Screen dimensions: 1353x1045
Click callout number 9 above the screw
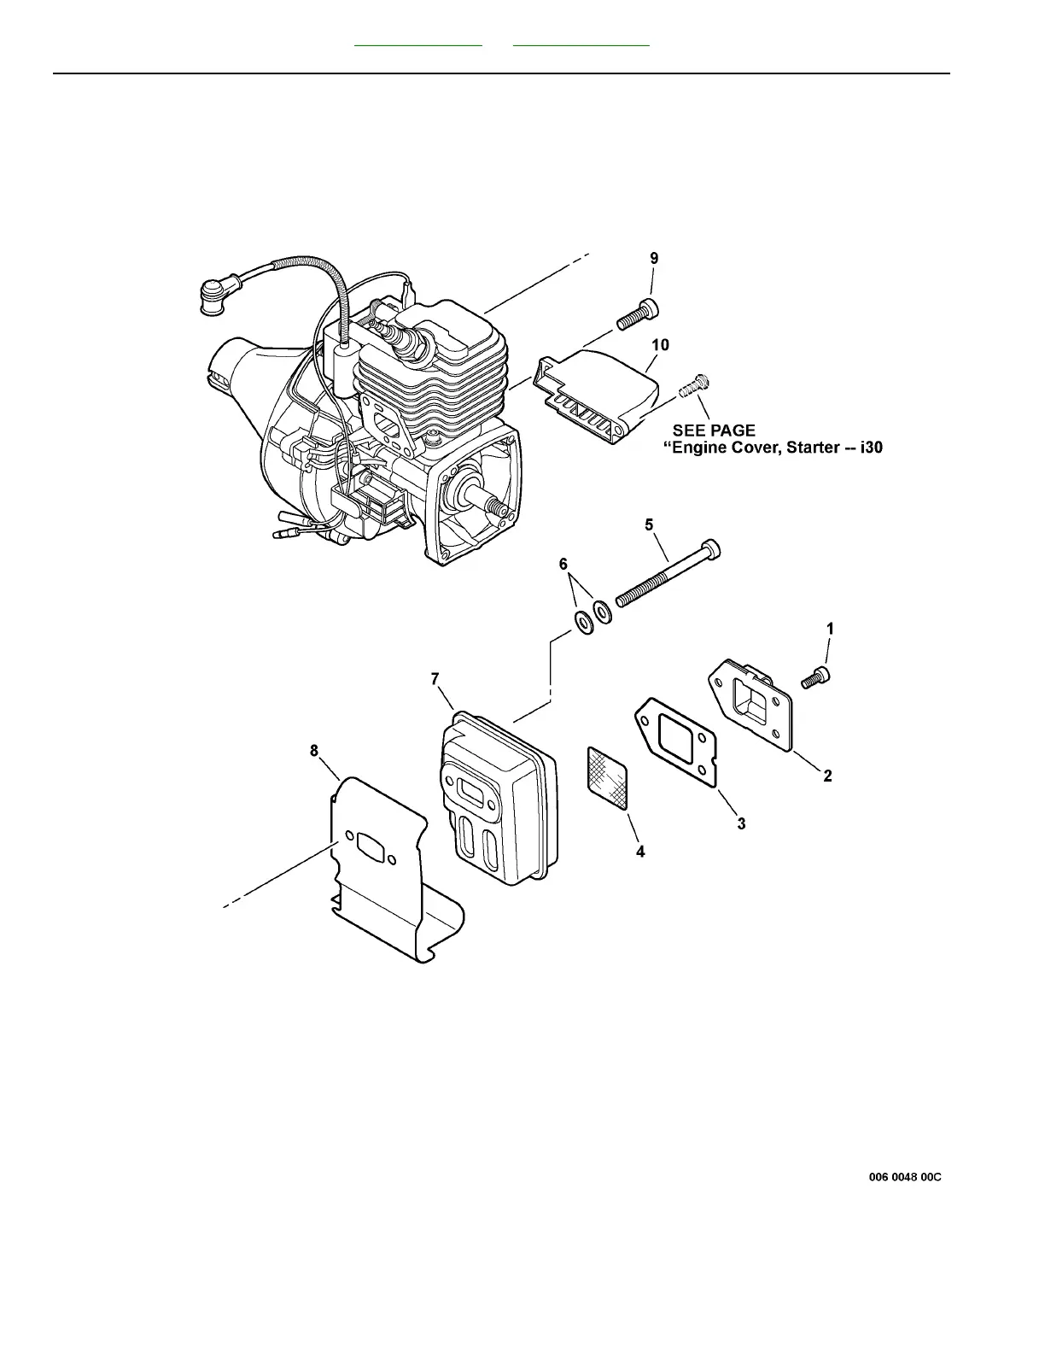[654, 258]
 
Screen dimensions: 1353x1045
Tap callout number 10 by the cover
[660, 345]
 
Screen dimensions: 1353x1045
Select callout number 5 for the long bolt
[649, 524]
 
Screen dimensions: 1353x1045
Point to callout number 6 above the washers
[563, 564]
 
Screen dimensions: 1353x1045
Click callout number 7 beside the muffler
[435, 679]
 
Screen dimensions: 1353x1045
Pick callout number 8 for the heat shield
[314, 751]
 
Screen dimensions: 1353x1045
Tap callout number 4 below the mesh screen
[640, 851]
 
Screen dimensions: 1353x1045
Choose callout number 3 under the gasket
[741, 823]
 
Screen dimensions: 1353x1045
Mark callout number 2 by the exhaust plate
[827, 776]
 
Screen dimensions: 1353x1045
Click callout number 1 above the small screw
[830, 628]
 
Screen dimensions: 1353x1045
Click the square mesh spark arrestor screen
[607, 776]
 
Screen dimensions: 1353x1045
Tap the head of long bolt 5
[710, 548]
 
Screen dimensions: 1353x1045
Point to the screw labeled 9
[638, 313]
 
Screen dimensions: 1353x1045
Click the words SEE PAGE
[714, 430]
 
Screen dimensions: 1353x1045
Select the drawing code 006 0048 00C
[905, 1177]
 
